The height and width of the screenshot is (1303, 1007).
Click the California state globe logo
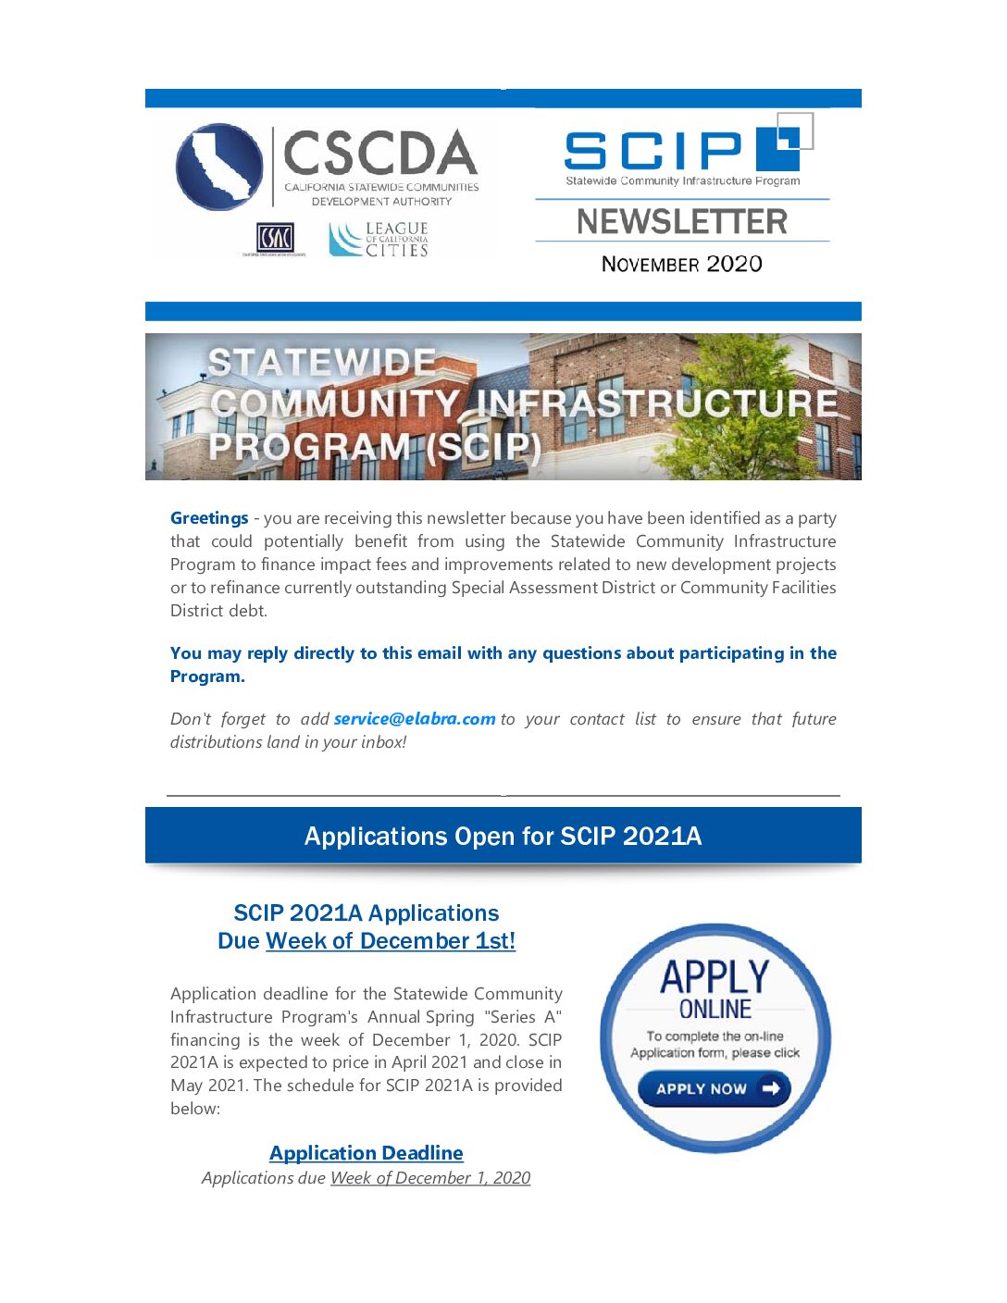pyautogui.click(x=219, y=167)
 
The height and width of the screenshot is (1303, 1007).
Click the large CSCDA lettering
pyautogui.click(x=379, y=154)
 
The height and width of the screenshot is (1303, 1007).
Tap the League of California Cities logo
pyautogui.click(x=379, y=239)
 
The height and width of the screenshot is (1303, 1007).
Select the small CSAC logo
pyautogui.click(x=275, y=239)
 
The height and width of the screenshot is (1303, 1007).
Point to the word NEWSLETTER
pyautogui.click(x=682, y=222)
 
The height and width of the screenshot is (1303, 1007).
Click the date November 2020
pyautogui.click(x=682, y=265)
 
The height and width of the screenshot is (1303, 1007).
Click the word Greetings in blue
pyautogui.click(x=209, y=518)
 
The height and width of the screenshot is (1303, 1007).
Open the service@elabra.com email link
pyautogui.click(x=415, y=719)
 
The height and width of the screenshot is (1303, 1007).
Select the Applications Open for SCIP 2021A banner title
pyautogui.click(x=503, y=837)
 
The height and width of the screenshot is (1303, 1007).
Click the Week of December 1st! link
pyautogui.click(x=391, y=941)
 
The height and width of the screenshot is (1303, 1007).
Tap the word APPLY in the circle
pyautogui.click(x=715, y=977)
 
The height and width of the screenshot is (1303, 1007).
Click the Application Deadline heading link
pyautogui.click(x=367, y=1153)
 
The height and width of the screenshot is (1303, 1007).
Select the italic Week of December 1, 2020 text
pyautogui.click(x=430, y=1178)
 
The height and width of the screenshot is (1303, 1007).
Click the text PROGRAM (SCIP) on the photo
pyautogui.click(x=375, y=447)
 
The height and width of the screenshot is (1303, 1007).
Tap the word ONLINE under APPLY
pyautogui.click(x=715, y=1009)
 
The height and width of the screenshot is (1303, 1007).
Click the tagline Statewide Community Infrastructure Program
pyautogui.click(x=683, y=181)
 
